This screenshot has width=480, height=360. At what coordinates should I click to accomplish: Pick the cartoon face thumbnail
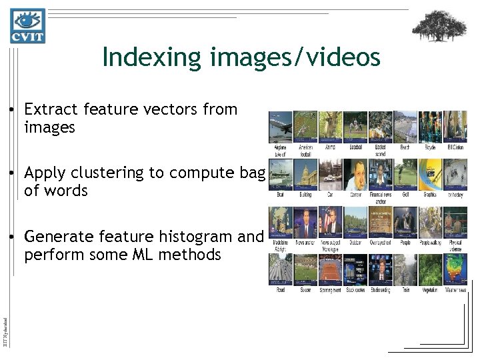click(x=355, y=174)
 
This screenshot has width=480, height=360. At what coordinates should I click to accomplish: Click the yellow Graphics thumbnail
click(x=431, y=174)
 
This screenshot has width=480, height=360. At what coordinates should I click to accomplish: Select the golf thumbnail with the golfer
click(x=405, y=174)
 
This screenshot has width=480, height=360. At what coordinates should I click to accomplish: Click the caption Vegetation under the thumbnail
click(x=431, y=291)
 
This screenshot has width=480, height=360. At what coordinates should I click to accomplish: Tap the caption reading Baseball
click(x=355, y=147)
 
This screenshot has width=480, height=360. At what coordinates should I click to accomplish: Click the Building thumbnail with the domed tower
click(x=305, y=174)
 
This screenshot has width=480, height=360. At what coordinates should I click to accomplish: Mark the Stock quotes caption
click(x=355, y=291)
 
